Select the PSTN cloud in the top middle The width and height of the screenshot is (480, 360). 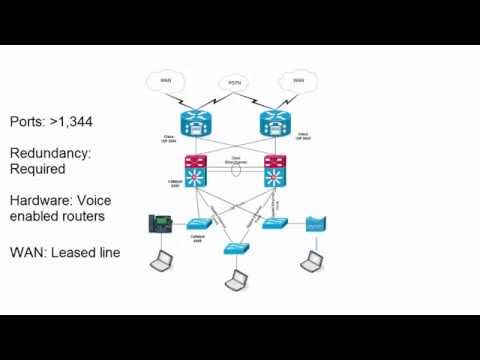coord(234,84)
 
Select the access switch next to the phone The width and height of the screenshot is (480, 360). coord(197,225)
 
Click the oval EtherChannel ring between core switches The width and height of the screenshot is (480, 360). coord(235,171)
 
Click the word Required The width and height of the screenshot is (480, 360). coord(39,169)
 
